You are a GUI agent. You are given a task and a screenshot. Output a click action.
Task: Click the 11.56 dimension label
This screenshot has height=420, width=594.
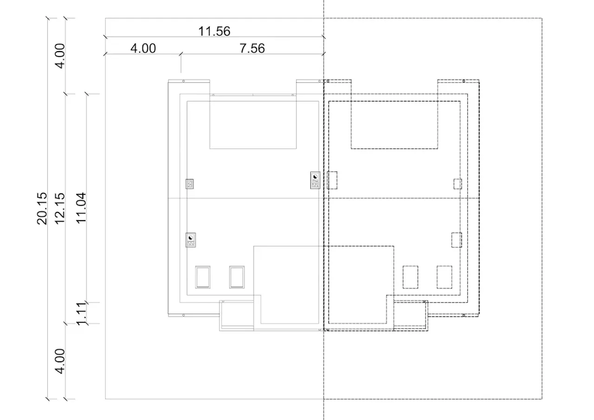tap(214, 31)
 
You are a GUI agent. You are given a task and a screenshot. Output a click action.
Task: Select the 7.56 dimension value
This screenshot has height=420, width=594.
tap(252, 49)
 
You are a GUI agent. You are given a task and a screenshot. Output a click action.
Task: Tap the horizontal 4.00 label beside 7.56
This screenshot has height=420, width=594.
tap(143, 49)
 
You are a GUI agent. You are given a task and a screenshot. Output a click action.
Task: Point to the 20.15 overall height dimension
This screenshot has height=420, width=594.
tap(42, 208)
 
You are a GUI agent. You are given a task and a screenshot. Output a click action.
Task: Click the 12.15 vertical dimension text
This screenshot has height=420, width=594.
tap(60, 208)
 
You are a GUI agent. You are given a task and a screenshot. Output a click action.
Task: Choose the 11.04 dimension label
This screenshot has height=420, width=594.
tap(81, 208)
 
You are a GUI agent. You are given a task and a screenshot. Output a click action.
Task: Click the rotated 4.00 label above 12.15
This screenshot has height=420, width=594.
tap(60, 56)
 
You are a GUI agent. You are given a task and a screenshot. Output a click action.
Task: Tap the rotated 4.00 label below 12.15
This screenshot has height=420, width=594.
tap(60, 361)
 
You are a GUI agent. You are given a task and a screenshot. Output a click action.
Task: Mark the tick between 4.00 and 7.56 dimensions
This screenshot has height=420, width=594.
tap(181, 54)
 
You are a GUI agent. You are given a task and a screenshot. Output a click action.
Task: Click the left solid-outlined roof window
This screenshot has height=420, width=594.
tap(203, 277)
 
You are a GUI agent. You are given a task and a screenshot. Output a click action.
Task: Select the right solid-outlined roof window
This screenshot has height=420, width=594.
tap(237, 277)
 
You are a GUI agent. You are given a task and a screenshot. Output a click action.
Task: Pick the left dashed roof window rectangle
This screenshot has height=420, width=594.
tap(410, 277)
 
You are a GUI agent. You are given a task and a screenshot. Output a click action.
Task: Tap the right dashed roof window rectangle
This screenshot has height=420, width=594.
tap(445, 277)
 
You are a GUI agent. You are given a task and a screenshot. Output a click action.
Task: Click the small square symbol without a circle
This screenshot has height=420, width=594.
tap(190, 184)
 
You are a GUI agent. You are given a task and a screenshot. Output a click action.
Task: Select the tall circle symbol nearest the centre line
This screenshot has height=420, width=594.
tap(315, 181)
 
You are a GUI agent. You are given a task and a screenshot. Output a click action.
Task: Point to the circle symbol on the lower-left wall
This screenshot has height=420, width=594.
tap(191, 240)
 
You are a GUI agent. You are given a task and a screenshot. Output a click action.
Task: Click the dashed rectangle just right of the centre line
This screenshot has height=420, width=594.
tap(332, 181)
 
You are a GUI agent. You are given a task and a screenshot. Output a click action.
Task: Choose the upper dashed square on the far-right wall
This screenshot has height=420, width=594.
tap(458, 184)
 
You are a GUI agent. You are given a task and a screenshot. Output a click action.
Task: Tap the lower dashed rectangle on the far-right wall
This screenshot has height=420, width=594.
tap(457, 240)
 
